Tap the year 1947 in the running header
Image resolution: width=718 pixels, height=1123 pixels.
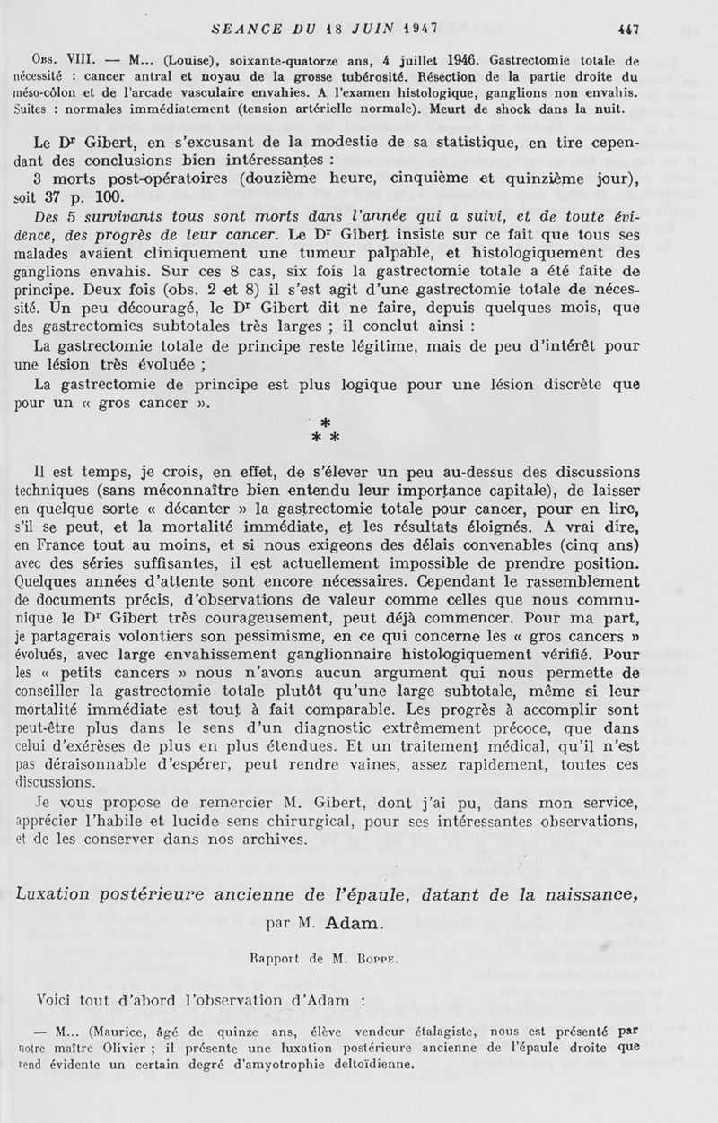407,28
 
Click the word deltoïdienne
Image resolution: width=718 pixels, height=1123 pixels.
359,1065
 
